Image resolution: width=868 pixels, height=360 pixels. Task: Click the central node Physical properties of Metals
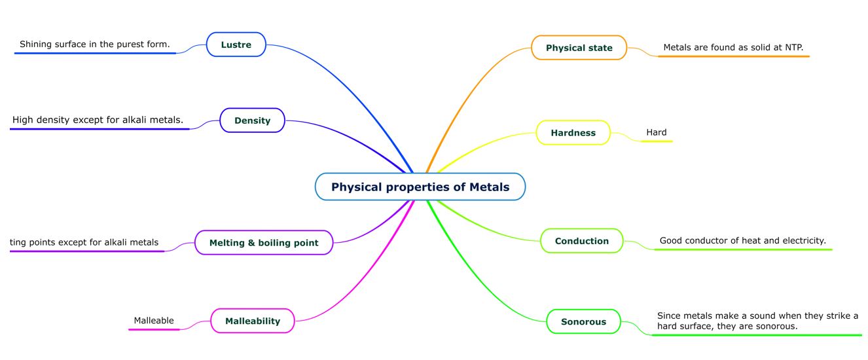point(420,187)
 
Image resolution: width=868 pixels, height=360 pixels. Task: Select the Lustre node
point(236,45)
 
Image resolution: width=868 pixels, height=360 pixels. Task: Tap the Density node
point(252,120)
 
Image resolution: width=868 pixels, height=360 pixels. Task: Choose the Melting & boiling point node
point(264,242)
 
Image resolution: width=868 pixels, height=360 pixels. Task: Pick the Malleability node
point(252,321)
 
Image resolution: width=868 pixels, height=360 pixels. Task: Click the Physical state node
point(579,48)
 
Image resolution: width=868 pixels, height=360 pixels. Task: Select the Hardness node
point(573,132)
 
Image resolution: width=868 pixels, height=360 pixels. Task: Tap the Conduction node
point(581,241)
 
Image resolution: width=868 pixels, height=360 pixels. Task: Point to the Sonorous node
point(583,321)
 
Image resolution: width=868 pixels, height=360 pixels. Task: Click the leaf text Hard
point(656,132)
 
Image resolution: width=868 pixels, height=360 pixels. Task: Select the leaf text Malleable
point(154,320)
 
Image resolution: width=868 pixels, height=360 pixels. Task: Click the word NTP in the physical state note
point(793,47)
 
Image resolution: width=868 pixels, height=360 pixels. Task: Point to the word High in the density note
point(22,120)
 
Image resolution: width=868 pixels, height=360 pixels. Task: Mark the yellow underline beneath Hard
point(656,141)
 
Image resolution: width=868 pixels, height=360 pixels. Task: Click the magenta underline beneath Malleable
point(154,329)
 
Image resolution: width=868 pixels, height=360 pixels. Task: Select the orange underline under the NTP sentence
point(733,56)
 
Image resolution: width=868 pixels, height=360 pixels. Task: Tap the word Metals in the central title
point(489,187)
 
